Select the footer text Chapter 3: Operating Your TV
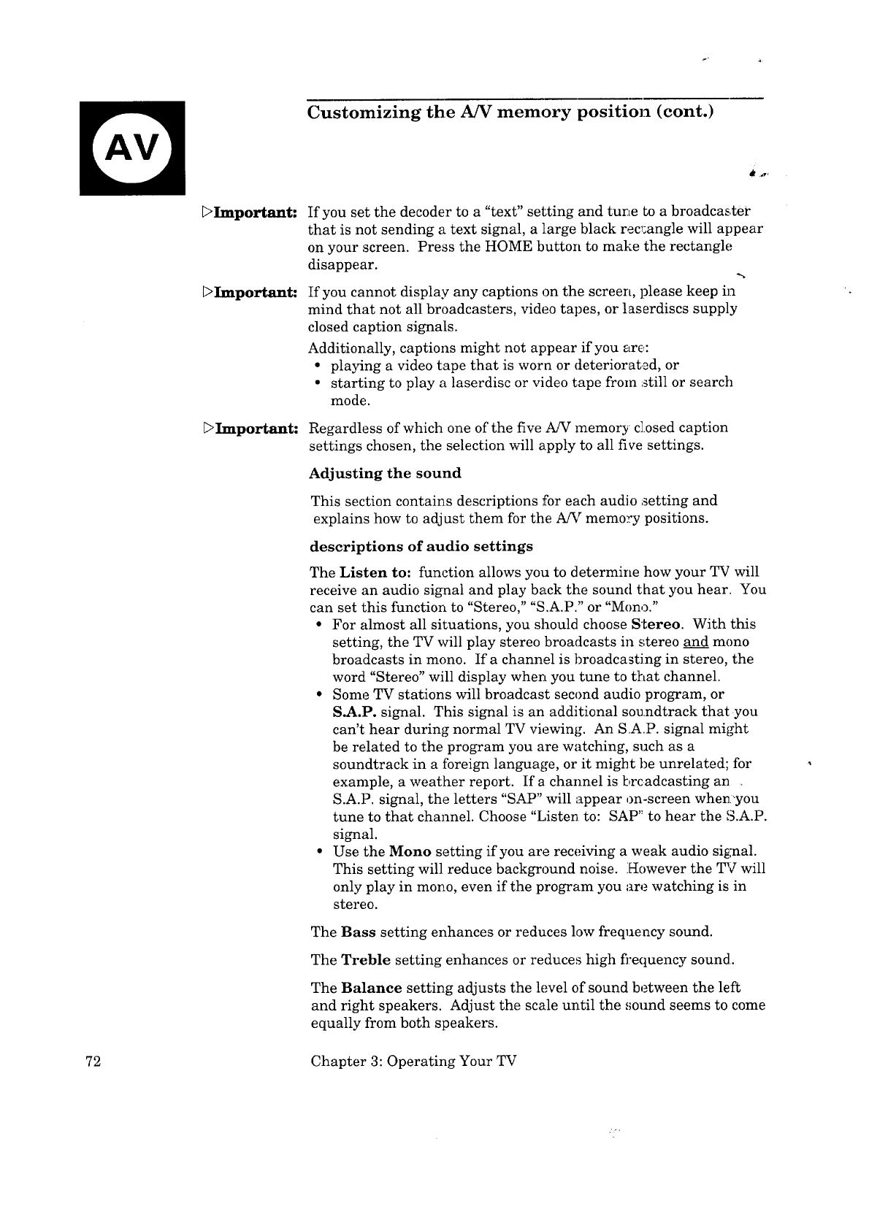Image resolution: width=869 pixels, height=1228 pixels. point(413,1061)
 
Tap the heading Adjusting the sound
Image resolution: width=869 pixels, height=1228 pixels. point(386,473)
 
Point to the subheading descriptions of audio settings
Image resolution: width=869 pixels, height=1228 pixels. point(421,546)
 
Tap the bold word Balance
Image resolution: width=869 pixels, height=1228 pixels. point(371,988)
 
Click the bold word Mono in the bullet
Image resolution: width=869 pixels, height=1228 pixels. point(410,851)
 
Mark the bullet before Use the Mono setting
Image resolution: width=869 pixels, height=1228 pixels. point(320,851)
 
